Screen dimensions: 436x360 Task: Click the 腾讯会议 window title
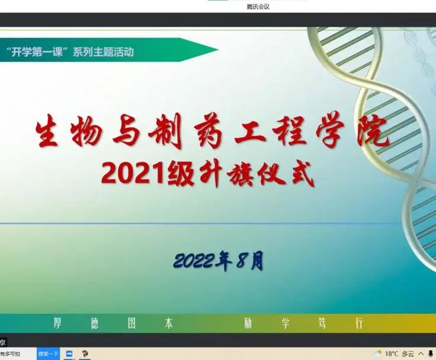pos(258,7)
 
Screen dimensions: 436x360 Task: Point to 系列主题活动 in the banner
pos(103,52)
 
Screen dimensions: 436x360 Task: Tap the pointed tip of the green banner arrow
pos(218,50)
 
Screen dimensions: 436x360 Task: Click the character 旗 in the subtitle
pos(241,175)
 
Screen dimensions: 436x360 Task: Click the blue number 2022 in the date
pos(195,261)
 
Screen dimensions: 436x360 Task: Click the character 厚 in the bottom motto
pos(57,323)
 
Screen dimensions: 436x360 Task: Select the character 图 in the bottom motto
pos(132,323)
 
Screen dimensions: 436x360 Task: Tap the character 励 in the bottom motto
pos(248,323)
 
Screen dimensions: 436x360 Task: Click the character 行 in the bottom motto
pos(359,323)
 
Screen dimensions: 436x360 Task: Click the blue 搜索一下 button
pos(49,353)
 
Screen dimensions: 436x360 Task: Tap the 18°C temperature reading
pos(392,353)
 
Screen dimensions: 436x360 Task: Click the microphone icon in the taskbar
pos(431,353)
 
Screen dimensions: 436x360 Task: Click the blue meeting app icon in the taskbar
pos(69,353)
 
